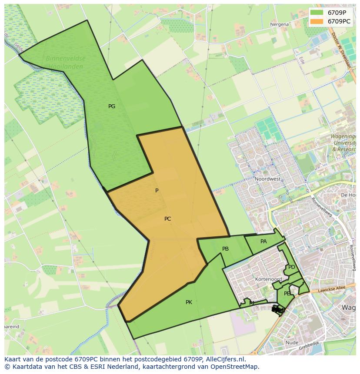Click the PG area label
112,106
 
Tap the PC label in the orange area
168,219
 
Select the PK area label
189,302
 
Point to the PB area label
225,249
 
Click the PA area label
263,242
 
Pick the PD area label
291,267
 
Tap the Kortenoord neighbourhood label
269,279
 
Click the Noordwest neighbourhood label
268,179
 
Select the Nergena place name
279,24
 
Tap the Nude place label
292,343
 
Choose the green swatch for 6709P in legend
317,13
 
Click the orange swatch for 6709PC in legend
317,21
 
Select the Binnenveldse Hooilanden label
66,62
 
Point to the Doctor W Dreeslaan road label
343,51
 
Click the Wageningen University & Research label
343,142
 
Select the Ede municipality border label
301,60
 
